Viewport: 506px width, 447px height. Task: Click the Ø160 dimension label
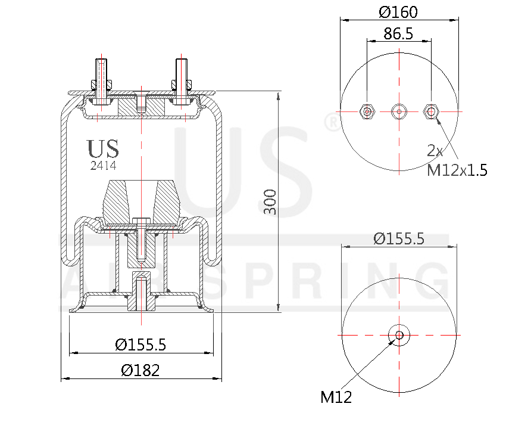pyautogui.click(x=398, y=11)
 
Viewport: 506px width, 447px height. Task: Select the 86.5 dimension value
pyautogui.click(x=398, y=33)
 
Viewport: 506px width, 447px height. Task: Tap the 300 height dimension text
pyautogui.click(x=270, y=203)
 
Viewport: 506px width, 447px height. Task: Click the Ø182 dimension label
pyautogui.click(x=140, y=370)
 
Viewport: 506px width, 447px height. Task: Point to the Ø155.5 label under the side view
pyautogui.click(x=140, y=344)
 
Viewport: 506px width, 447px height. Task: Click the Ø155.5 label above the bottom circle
pyautogui.click(x=398, y=238)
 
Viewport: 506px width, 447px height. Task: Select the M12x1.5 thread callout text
pyautogui.click(x=457, y=170)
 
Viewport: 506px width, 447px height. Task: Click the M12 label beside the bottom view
pyautogui.click(x=336, y=397)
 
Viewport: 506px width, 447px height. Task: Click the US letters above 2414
pyautogui.click(x=103, y=149)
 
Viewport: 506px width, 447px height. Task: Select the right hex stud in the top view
pyautogui.click(x=430, y=111)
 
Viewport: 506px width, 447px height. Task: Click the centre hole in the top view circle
pyautogui.click(x=398, y=111)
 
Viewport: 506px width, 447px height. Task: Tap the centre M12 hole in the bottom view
pyautogui.click(x=398, y=335)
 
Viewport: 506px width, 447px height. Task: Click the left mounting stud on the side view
pyautogui.click(x=101, y=80)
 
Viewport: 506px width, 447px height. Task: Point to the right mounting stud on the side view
pyautogui.click(x=182, y=80)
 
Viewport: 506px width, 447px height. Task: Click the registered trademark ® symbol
pyautogui.click(x=331, y=122)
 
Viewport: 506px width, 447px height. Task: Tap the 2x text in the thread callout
pyautogui.click(x=435, y=150)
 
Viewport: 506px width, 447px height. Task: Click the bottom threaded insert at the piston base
pyautogui.click(x=141, y=292)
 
